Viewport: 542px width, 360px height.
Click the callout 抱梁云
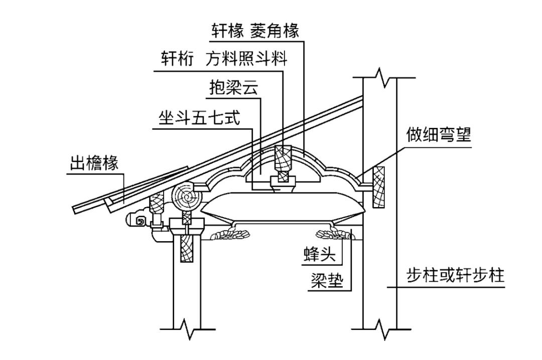[233, 89]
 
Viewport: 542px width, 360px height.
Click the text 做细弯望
[439, 135]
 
